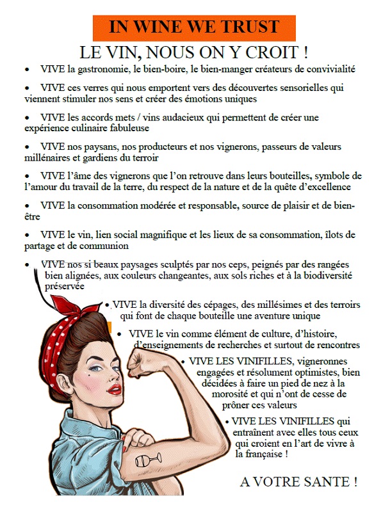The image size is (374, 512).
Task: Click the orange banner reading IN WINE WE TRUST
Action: coord(194,28)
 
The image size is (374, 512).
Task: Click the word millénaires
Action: coord(44,157)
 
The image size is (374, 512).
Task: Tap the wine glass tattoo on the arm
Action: coord(149,460)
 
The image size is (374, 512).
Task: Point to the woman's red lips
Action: coord(115,389)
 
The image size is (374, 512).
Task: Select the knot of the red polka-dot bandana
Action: coord(70,307)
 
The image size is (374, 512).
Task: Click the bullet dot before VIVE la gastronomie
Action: coord(28,70)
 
